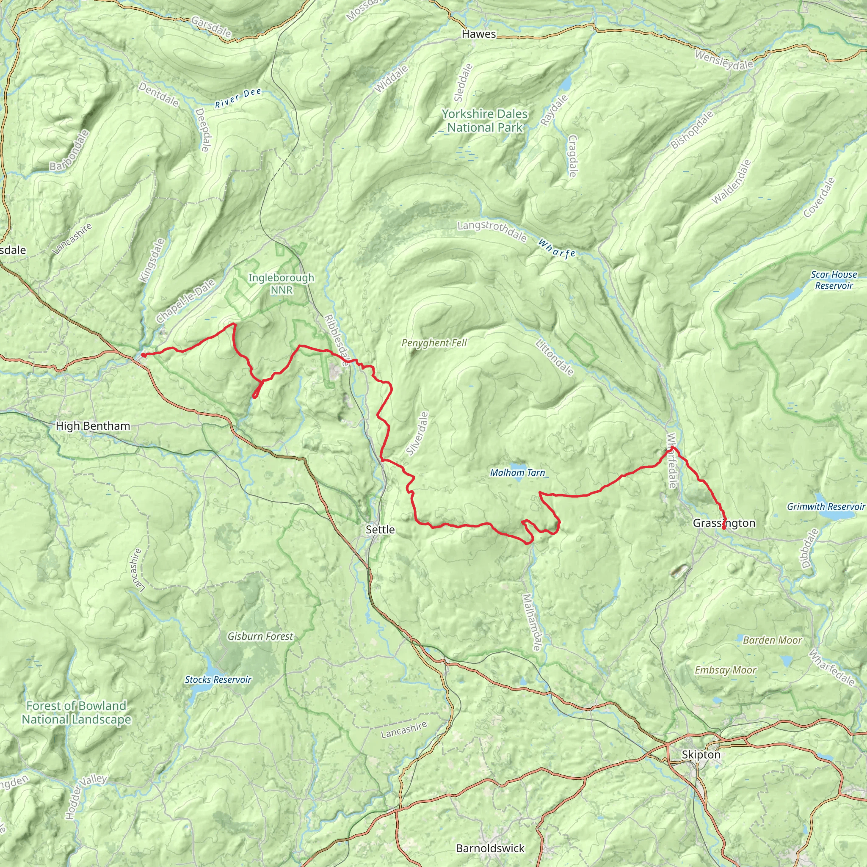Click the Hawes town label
tap(479, 34)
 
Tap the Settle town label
tap(380, 530)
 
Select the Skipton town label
tap(701, 754)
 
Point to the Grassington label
tap(724, 523)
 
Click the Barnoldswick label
tap(490, 848)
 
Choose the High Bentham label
tap(93, 426)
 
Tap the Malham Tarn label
tap(517, 472)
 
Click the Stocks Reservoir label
tap(218, 679)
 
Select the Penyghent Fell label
tap(434, 343)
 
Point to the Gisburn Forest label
tap(260, 636)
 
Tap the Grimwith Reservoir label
tap(826, 507)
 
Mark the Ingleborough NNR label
tap(282, 284)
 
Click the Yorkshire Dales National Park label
tap(485, 121)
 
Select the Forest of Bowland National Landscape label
tap(76, 712)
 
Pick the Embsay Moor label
tap(725, 670)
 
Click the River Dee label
tap(238, 99)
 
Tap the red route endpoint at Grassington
tap(724, 528)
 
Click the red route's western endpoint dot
tap(143, 355)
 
